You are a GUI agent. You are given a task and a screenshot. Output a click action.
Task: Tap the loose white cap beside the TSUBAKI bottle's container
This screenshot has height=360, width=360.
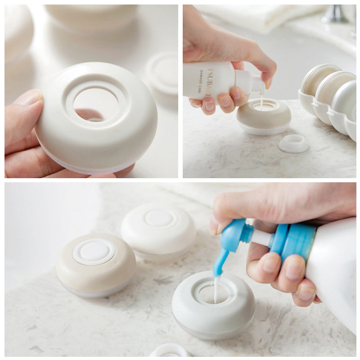pos(293,144)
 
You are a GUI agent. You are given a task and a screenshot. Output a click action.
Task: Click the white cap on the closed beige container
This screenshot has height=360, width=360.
pos(94,251)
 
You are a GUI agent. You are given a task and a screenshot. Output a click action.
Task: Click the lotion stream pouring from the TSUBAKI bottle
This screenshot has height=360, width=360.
pos(261,102)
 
